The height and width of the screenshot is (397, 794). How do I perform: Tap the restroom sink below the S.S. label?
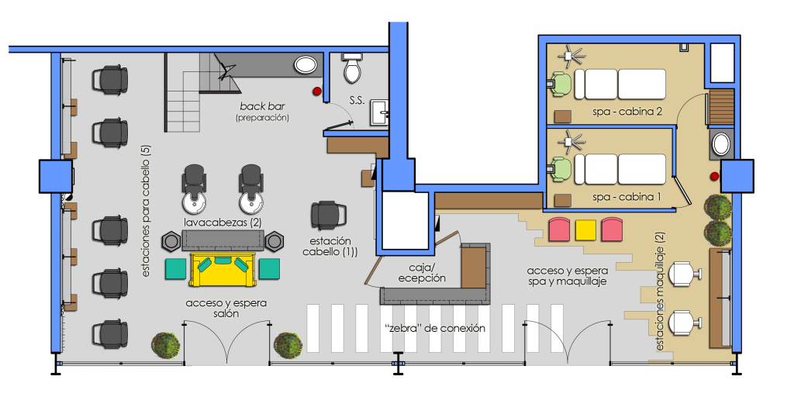[379, 112]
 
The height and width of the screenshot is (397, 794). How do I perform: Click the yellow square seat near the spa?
[586, 230]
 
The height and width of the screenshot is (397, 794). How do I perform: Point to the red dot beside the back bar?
[317, 91]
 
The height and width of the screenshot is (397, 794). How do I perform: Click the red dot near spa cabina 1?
[714, 176]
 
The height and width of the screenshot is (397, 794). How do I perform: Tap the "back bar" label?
[262, 107]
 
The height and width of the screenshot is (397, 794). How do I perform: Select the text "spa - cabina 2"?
[627, 112]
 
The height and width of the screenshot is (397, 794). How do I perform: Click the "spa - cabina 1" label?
[626, 197]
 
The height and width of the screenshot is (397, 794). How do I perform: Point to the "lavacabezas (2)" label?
[223, 223]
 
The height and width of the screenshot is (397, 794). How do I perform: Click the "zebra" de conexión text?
[434, 328]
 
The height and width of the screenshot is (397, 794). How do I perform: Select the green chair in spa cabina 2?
[561, 84]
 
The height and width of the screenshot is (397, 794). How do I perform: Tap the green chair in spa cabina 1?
[561, 170]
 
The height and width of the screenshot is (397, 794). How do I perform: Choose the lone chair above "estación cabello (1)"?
[329, 216]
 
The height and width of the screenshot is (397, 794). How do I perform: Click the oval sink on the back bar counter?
[306, 64]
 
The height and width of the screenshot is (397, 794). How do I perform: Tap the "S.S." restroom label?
[357, 100]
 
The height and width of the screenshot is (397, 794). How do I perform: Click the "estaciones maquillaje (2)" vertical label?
[661, 292]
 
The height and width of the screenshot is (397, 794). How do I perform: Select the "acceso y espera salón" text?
[226, 309]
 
